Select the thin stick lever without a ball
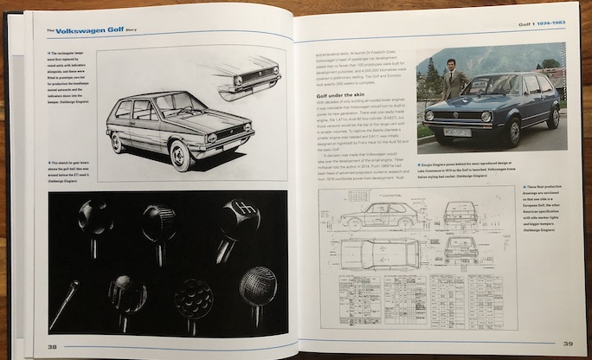click(63, 303)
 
